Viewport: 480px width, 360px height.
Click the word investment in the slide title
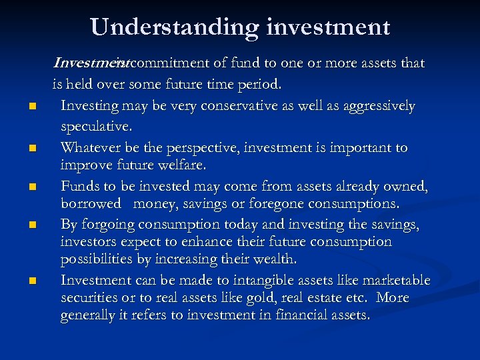click(x=329, y=27)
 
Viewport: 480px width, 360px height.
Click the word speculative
click(x=97, y=125)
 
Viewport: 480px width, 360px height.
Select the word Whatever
click(x=89, y=147)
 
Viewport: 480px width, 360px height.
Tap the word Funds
click(x=79, y=187)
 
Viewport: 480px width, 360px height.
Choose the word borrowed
click(x=91, y=204)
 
